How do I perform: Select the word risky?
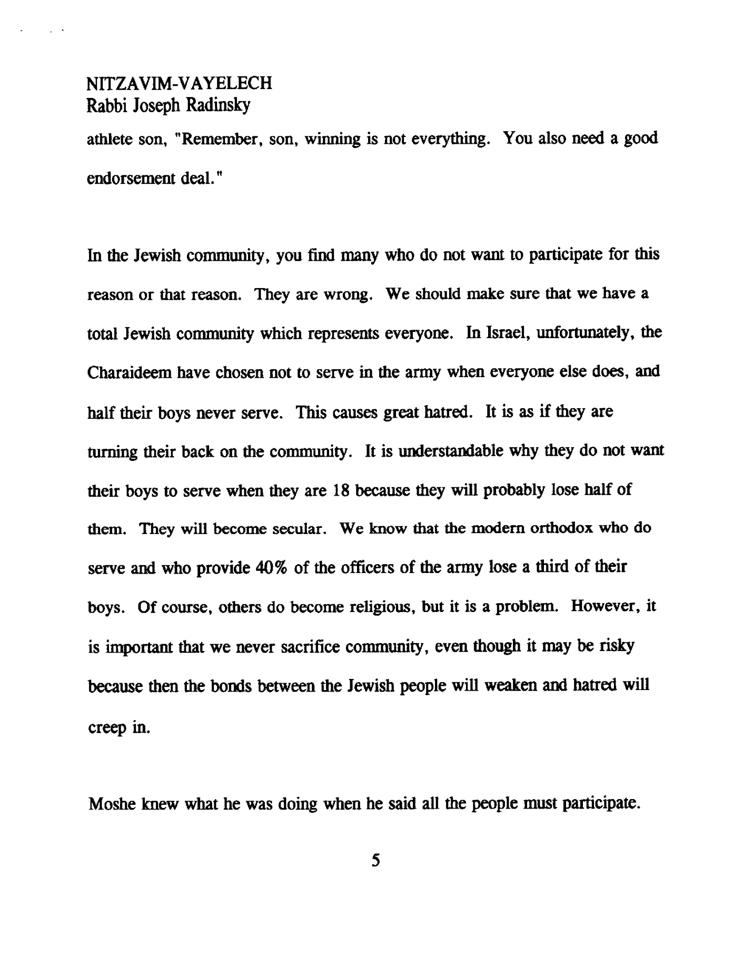617,646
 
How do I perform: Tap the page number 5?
375,861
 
